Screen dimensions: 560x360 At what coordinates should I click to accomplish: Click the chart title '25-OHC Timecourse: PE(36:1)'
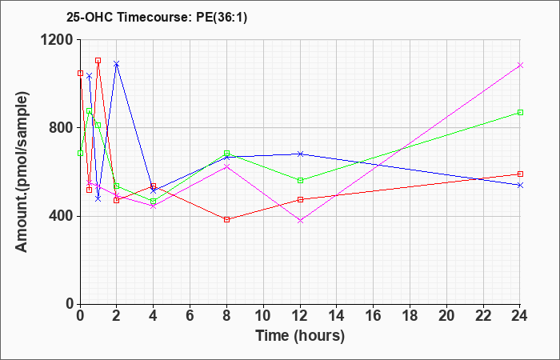(x=157, y=18)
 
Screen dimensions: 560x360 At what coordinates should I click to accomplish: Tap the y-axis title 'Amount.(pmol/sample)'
(x=22, y=172)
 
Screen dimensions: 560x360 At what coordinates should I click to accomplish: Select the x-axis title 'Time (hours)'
(x=300, y=336)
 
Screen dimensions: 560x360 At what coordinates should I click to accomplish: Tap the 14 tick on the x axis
(x=337, y=316)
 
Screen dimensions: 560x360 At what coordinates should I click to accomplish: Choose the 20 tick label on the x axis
(x=446, y=316)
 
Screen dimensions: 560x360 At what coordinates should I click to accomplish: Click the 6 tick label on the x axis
(x=190, y=316)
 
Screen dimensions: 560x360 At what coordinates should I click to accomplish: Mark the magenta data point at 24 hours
(x=520, y=65)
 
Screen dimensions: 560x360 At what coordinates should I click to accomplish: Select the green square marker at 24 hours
(x=520, y=113)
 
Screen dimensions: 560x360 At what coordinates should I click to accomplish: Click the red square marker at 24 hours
(x=520, y=174)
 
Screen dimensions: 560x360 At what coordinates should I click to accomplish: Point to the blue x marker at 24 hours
(x=520, y=185)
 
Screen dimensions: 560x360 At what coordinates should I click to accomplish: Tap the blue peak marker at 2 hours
(x=117, y=64)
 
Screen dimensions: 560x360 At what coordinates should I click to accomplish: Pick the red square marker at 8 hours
(x=226, y=220)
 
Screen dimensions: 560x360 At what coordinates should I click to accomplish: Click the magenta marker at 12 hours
(x=300, y=221)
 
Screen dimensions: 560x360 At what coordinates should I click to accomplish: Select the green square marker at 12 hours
(x=300, y=180)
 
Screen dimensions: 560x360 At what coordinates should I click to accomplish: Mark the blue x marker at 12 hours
(x=300, y=154)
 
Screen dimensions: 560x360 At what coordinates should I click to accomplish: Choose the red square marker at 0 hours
(x=80, y=74)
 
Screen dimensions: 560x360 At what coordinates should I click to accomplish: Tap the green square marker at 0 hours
(x=80, y=154)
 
